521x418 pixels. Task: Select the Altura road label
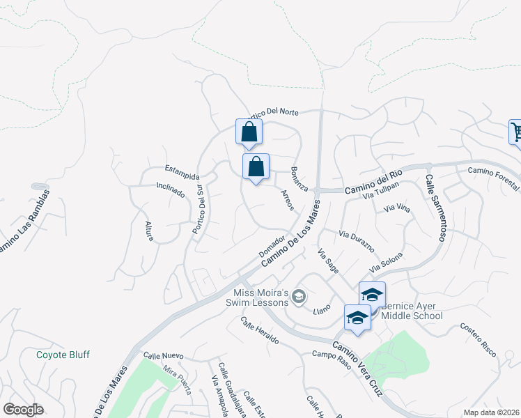coord(148,231)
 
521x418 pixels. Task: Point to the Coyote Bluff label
coord(63,355)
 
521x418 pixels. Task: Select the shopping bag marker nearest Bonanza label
coord(256,167)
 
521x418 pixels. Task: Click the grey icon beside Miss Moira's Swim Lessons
coord(299,297)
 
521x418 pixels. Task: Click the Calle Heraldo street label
coord(260,331)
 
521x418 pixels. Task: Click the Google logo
coord(23,410)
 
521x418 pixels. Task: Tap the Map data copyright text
coord(491,412)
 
